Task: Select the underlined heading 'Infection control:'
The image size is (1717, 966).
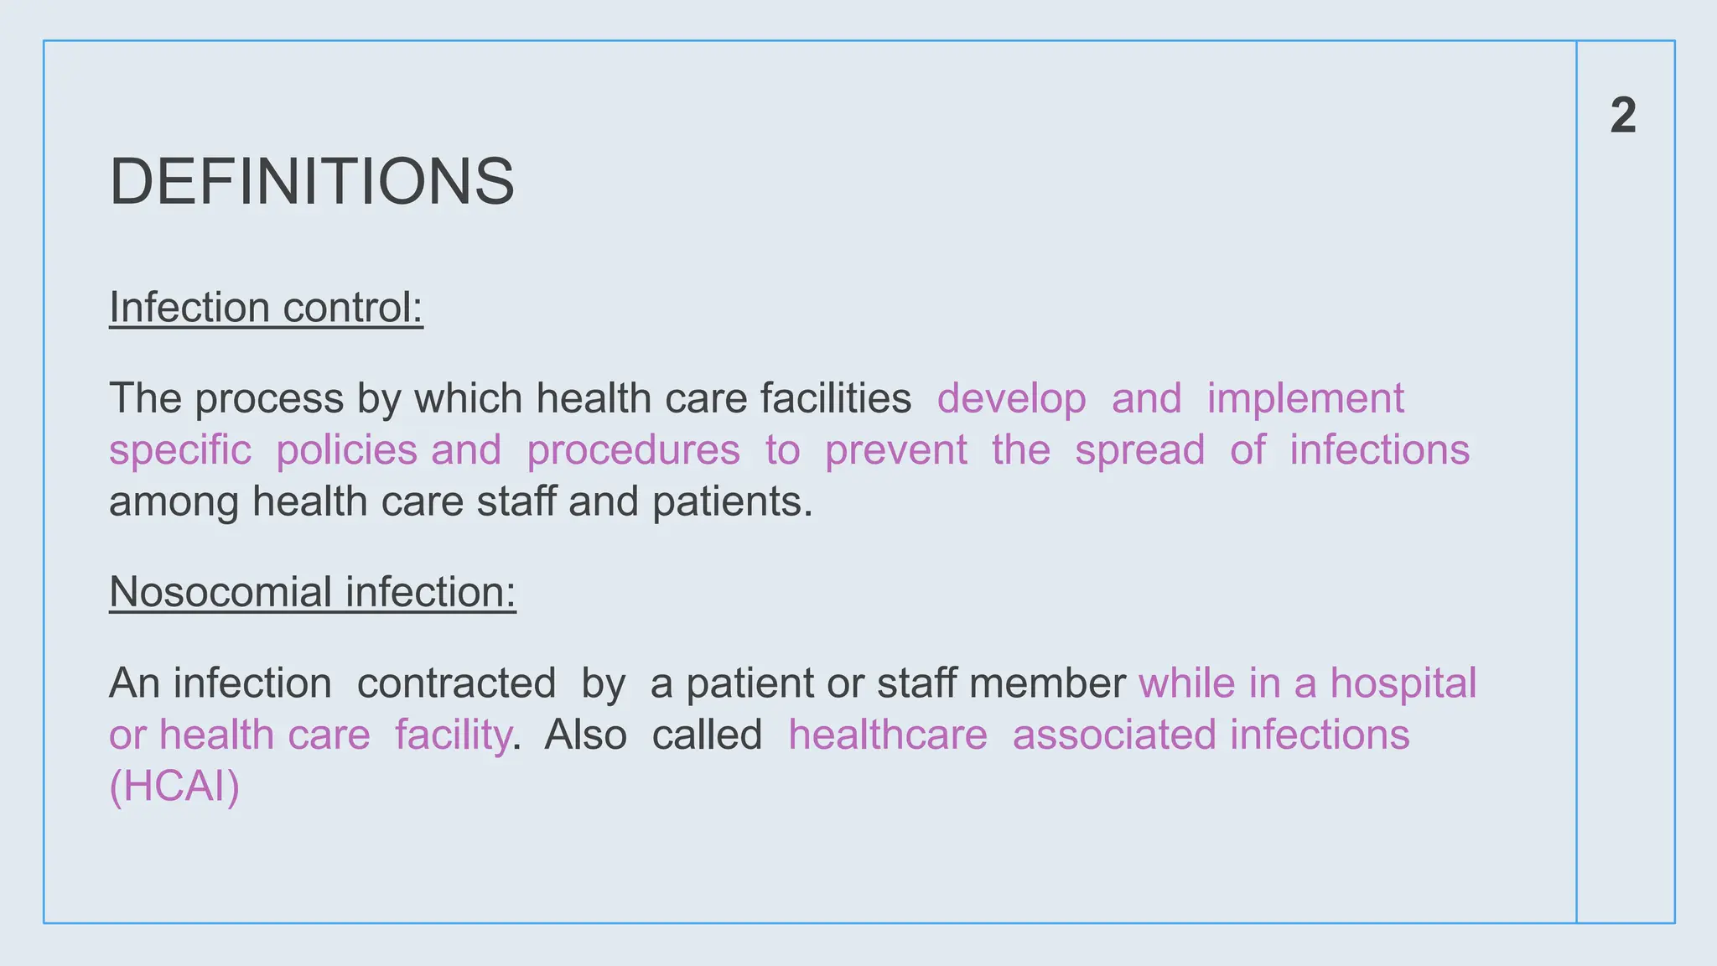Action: click(266, 308)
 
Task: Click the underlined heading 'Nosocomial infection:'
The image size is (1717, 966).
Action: click(312, 592)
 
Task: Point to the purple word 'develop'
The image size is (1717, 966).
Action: click(1011, 399)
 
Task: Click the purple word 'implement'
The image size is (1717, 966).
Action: click(1305, 399)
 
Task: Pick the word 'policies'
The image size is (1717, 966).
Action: click(346, 450)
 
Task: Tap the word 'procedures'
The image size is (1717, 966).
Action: click(633, 450)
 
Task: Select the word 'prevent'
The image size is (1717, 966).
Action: click(895, 450)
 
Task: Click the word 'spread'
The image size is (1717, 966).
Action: click(1139, 450)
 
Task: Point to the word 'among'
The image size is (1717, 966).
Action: click(174, 503)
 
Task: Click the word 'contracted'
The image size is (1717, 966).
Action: click(456, 683)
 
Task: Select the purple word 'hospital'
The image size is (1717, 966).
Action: click(1403, 683)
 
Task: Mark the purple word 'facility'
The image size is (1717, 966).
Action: click(453, 735)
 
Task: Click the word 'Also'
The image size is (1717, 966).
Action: click(585, 735)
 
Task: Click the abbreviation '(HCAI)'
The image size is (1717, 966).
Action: click(174, 787)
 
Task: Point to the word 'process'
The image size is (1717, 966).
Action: click(269, 399)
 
